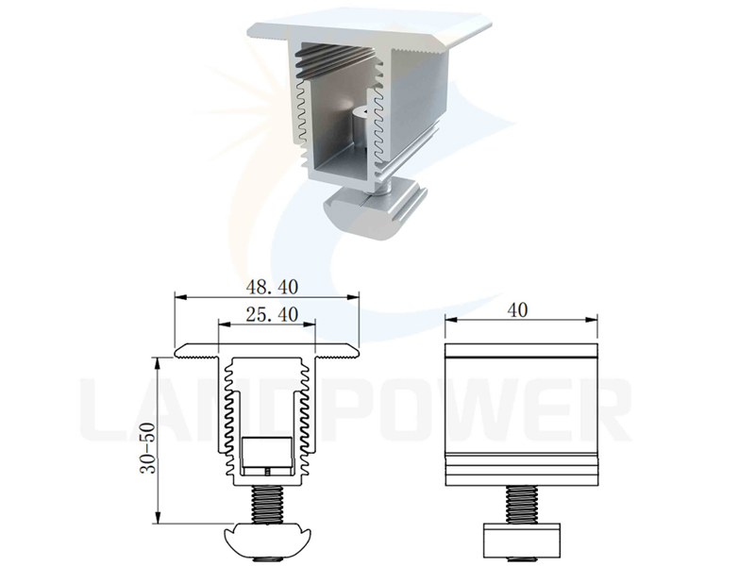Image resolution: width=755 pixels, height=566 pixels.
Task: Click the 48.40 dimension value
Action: click(x=272, y=288)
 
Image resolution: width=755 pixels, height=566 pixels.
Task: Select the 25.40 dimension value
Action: click(x=272, y=315)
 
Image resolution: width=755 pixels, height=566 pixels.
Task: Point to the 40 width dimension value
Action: click(x=517, y=310)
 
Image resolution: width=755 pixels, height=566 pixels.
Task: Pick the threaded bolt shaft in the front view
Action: click(x=267, y=505)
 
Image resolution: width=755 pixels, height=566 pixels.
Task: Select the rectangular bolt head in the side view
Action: click(x=522, y=539)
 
